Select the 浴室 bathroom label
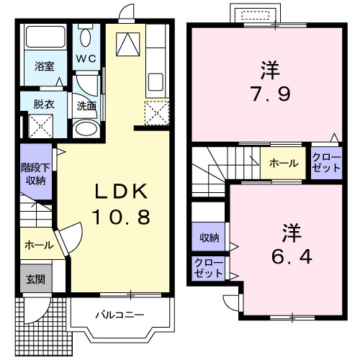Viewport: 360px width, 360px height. (45, 67)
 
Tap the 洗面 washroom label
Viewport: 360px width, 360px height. (86, 105)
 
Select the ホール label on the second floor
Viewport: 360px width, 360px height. (284, 163)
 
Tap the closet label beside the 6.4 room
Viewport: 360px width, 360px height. (208, 268)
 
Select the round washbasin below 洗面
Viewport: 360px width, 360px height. (86, 130)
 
